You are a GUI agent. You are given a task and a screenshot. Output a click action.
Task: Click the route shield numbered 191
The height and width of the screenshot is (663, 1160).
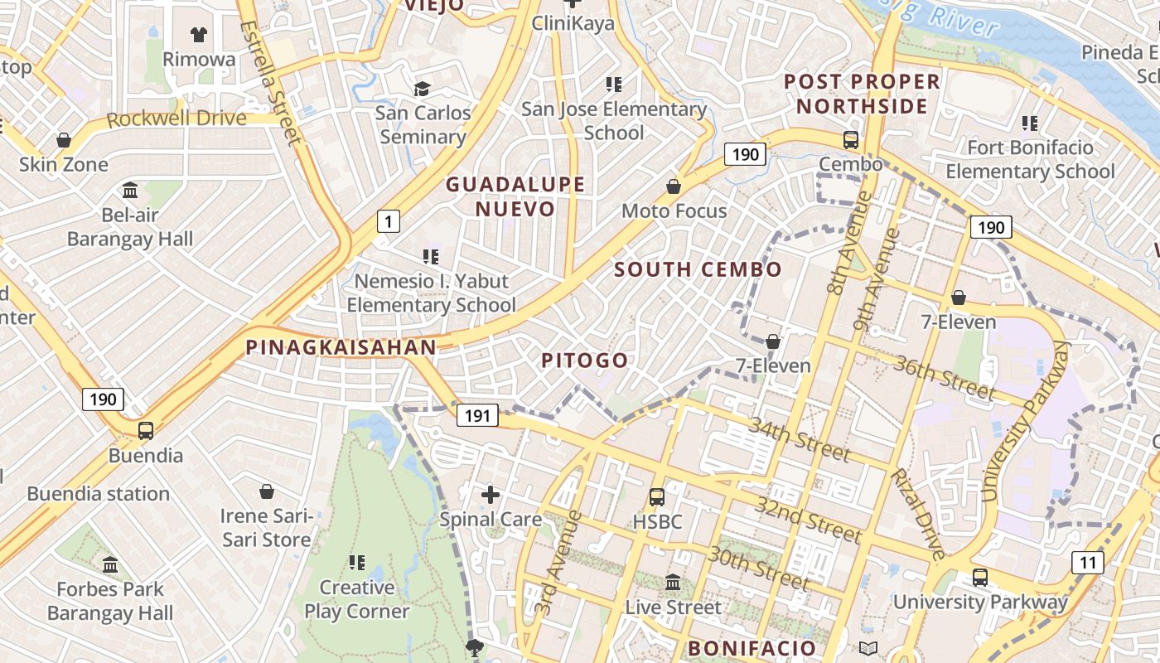[x=477, y=415]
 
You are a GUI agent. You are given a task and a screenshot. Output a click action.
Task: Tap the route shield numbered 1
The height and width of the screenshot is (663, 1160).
[x=388, y=221]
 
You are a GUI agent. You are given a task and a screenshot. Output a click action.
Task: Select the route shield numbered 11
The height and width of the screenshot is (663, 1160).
[x=1087, y=563]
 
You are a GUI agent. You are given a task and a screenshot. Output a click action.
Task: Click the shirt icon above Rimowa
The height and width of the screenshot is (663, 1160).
[x=199, y=35]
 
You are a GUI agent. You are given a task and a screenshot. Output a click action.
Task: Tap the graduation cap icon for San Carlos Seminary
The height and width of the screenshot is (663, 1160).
[x=423, y=89]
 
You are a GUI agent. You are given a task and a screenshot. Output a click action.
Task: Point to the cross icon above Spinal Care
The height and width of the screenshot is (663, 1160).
[x=491, y=495]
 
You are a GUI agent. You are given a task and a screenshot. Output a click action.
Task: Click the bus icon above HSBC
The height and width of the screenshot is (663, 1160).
[x=657, y=497]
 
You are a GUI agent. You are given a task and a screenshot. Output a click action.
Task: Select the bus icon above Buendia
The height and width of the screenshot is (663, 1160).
[x=146, y=431]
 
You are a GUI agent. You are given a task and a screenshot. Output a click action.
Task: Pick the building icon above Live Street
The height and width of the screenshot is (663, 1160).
[x=673, y=583]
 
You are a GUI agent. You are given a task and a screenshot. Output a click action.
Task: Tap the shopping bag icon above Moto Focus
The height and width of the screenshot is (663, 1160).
[x=674, y=186]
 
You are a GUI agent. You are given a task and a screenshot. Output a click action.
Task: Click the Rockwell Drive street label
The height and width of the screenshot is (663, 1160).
[x=176, y=119]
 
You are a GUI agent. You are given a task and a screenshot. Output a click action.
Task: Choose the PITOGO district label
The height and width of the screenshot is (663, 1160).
[x=585, y=361]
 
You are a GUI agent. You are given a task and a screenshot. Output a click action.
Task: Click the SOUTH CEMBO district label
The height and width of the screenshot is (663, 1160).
[x=698, y=269]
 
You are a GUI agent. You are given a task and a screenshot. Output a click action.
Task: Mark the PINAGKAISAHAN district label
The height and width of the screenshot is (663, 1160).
[x=341, y=347]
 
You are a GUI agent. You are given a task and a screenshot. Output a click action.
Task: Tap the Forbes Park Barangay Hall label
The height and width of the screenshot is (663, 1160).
[x=110, y=602]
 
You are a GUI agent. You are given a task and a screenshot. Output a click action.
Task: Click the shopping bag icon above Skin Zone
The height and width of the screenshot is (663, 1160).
[x=64, y=140]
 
